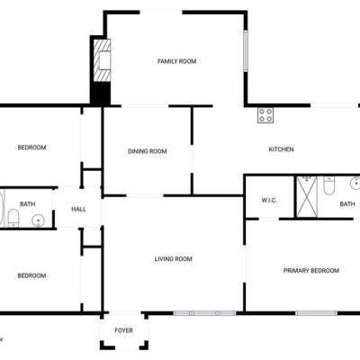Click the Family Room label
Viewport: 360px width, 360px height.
[177, 61]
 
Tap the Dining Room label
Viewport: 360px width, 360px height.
[148, 151]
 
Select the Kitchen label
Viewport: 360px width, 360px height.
[281, 149]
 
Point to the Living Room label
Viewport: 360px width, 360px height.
[174, 258]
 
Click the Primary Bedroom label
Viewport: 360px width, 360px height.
[311, 271]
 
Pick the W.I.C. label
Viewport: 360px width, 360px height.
[269, 200]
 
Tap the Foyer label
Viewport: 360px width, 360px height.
[123, 330]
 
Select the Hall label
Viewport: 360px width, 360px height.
[79, 209]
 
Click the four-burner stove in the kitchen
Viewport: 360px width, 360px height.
[265, 115]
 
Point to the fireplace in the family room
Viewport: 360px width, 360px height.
[102, 60]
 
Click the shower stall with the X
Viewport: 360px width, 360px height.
[307, 197]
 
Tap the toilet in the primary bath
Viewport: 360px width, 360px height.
[328, 185]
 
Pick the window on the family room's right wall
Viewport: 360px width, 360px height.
[246, 50]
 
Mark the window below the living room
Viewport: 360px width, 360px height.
[205, 313]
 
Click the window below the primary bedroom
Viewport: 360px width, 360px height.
[316, 313]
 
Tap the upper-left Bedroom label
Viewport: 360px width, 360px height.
[31, 148]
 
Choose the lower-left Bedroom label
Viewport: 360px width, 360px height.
[31, 275]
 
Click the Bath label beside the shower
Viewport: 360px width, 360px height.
[347, 204]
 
